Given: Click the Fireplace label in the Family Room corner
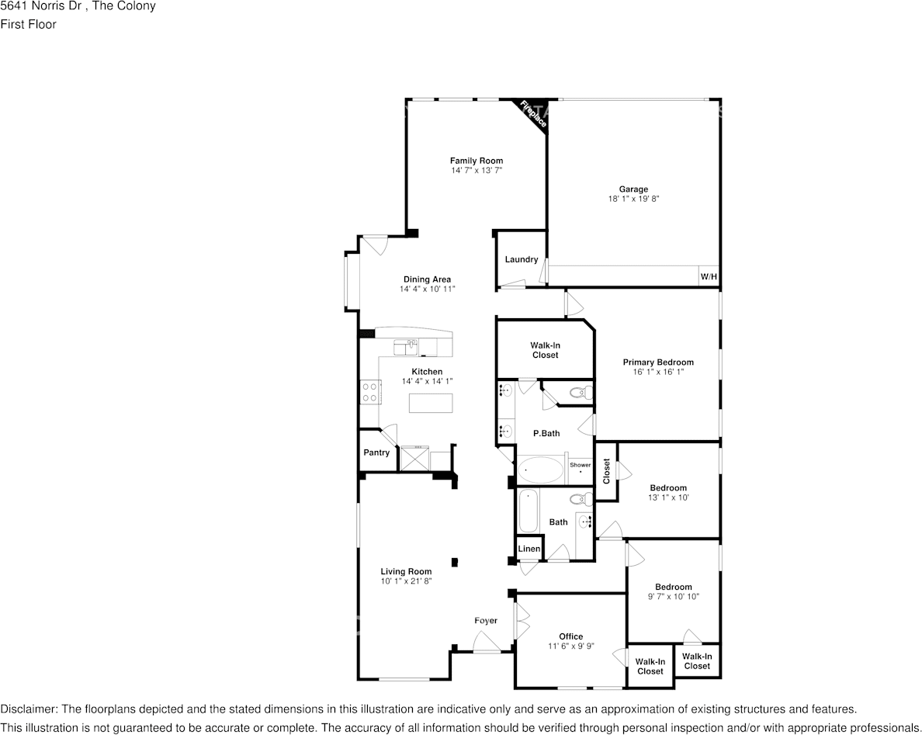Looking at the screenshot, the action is point(533,114).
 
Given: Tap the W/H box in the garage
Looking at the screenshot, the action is point(709,276).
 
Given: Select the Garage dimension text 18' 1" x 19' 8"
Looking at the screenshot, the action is point(633,199).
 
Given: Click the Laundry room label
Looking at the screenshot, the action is point(521,259).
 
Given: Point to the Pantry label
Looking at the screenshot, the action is point(376,452).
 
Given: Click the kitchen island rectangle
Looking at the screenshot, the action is point(432,403).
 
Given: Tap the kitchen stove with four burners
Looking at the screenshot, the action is point(370,392).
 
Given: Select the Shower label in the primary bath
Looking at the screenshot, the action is point(581,465).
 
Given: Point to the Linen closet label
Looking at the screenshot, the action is point(529,549).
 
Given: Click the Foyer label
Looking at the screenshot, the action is point(486,620).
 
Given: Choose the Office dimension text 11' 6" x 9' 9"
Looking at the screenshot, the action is point(571,647).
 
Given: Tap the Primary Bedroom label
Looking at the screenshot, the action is point(658,362).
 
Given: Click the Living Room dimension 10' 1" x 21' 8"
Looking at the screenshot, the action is point(406,581).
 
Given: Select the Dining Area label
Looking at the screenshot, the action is point(427,279).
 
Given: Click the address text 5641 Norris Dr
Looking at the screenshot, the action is point(40,6).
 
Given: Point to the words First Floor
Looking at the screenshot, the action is point(28,24).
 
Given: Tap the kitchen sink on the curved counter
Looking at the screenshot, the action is point(406,347).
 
